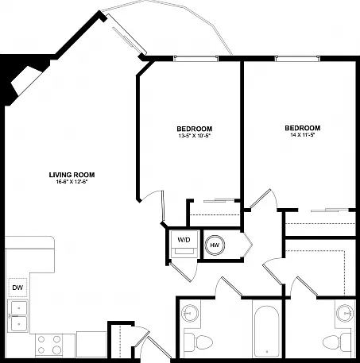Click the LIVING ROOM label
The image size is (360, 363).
72,175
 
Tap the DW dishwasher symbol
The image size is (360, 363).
17,288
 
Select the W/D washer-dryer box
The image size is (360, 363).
184,244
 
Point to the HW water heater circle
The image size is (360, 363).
215,245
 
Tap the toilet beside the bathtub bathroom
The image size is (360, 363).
199,342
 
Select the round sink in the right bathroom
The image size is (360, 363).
345,313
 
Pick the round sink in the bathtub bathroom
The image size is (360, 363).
190,313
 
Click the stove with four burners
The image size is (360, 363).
48,345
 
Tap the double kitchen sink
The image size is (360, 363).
18,316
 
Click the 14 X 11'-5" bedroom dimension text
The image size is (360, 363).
303,134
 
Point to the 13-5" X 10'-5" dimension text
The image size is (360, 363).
195,136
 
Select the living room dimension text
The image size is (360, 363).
72,182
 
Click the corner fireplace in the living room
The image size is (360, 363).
25,81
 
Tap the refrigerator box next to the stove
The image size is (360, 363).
91,344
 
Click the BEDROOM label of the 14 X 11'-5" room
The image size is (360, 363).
303,128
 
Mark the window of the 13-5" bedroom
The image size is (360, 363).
195,59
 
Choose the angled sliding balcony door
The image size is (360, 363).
127,34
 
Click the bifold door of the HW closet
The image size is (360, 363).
248,245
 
